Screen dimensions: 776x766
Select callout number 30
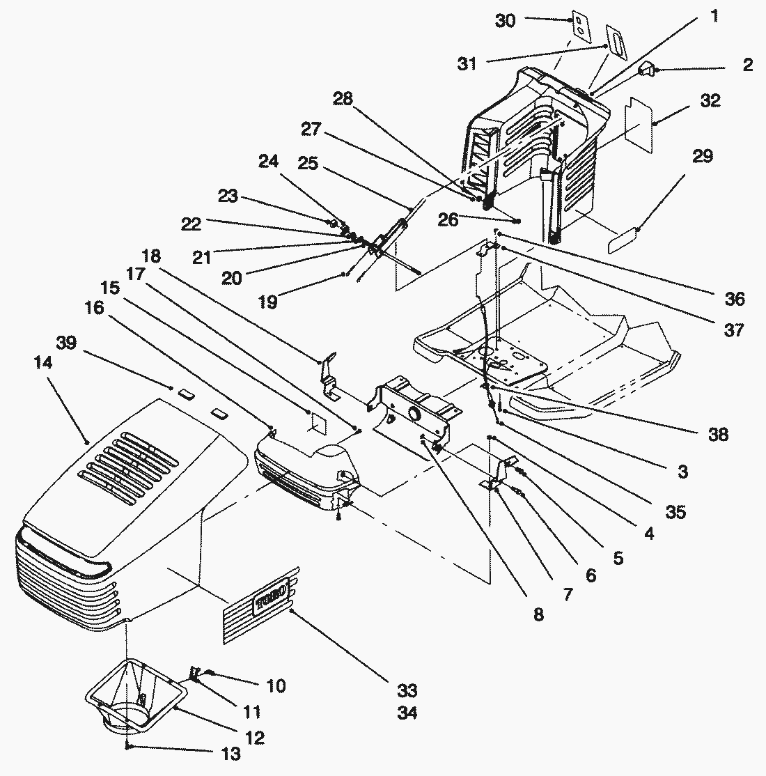(x=506, y=22)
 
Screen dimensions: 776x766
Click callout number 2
(x=747, y=65)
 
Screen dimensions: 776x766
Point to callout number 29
(x=703, y=156)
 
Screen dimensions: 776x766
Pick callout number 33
(x=407, y=690)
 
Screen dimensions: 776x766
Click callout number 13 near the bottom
(x=230, y=754)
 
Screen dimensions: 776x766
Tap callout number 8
(x=538, y=616)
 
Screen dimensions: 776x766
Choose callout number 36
(x=735, y=300)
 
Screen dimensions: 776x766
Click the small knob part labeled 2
(x=647, y=69)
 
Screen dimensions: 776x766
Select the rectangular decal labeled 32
(x=641, y=125)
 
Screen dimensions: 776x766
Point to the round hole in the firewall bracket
(x=416, y=414)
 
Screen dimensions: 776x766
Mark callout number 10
(x=276, y=687)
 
